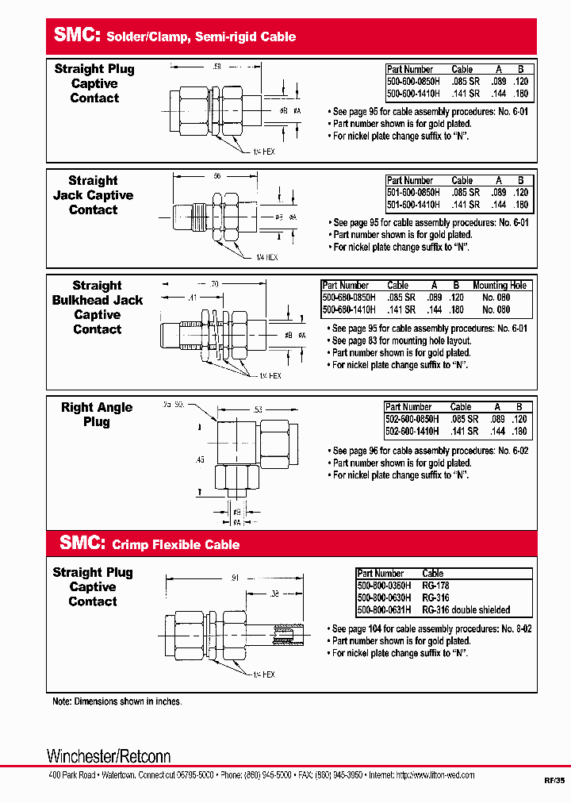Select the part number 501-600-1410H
[x=410, y=205]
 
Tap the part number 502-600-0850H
[x=411, y=419]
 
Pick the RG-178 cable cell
[x=435, y=586]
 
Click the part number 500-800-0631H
[x=384, y=610]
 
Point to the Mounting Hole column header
[x=500, y=286]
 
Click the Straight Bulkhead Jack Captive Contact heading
[x=98, y=308]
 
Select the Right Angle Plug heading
[x=97, y=415]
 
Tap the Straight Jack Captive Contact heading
[x=93, y=195]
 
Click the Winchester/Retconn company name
[x=109, y=755]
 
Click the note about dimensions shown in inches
[x=117, y=701]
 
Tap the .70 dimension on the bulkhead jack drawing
[x=214, y=282]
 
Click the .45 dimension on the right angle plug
[x=200, y=459]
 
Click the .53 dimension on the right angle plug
[x=259, y=409]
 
